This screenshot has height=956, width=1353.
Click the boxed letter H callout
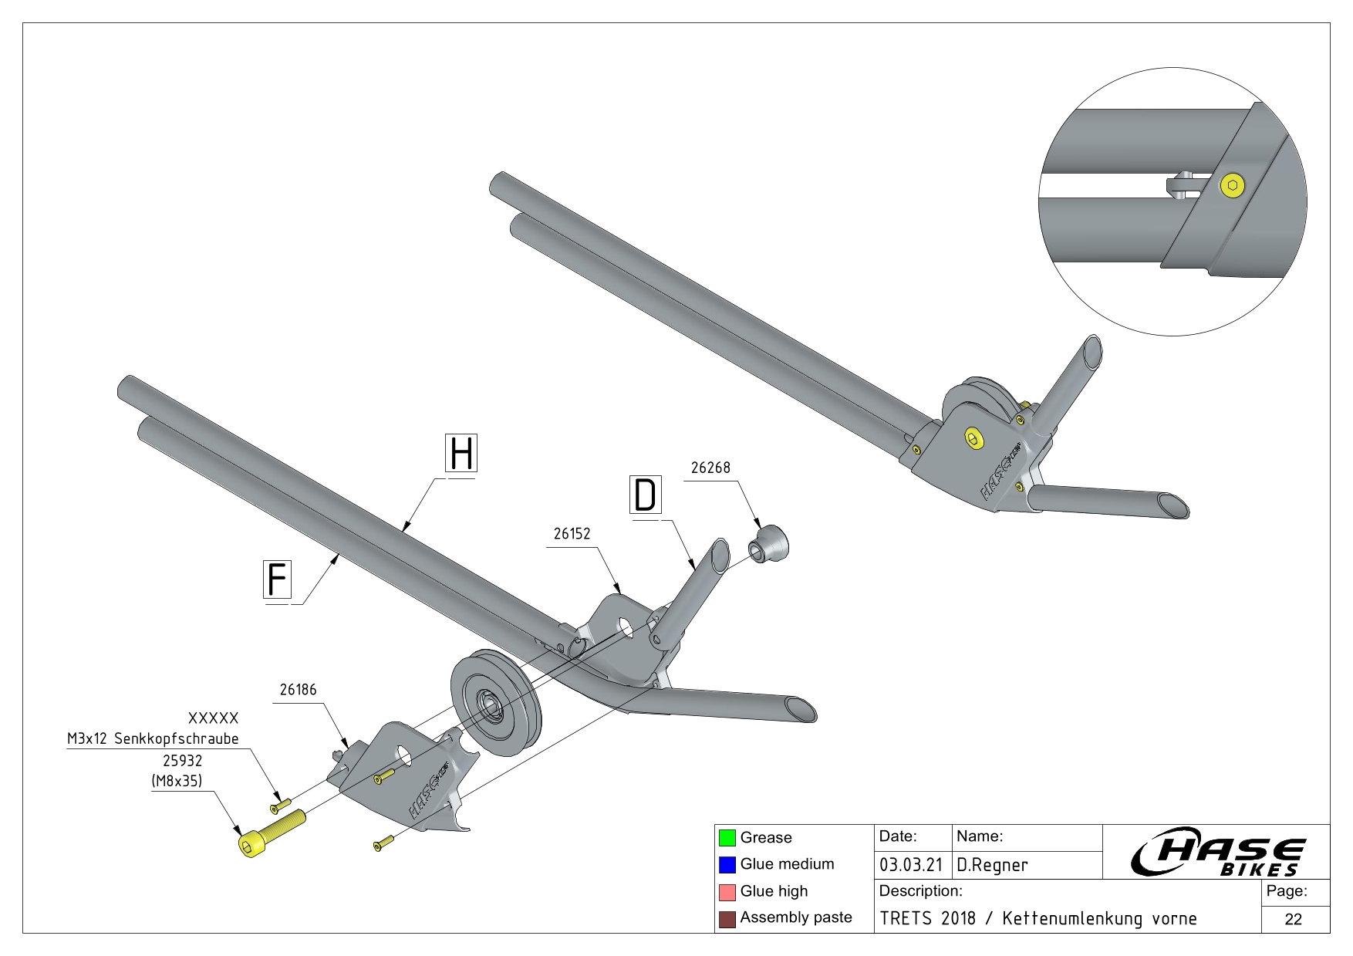pyautogui.click(x=461, y=453)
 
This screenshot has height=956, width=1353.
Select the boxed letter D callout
pyautogui.click(x=646, y=495)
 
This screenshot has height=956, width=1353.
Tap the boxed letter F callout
pyautogui.click(x=277, y=579)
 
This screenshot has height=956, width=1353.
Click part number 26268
pyautogui.click(x=710, y=468)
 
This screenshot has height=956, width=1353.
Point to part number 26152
pyautogui.click(x=572, y=534)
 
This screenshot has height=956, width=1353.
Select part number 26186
pyautogui.click(x=298, y=690)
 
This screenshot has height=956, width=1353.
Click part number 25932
pyautogui.click(x=182, y=761)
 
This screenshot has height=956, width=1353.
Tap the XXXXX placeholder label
pyautogui.click(x=213, y=718)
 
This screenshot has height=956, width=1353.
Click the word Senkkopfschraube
pyautogui.click(x=177, y=739)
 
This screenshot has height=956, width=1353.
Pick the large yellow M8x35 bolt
pyautogui.click(x=270, y=832)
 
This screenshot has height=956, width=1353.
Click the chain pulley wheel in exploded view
pyautogui.click(x=496, y=704)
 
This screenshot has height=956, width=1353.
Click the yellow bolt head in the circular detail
pyautogui.click(x=1232, y=185)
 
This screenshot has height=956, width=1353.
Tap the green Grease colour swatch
pyautogui.click(x=727, y=838)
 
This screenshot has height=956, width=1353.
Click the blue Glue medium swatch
pyautogui.click(x=727, y=864)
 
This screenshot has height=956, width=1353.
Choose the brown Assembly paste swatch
pyautogui.click(x=727, y=918)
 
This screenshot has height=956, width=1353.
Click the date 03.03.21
pyautogui.click(x=911, y=865)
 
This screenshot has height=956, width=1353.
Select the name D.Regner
pyautogui.click(x=992, y=865)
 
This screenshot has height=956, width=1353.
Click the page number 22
pyautogui.click(x=1294, y=919)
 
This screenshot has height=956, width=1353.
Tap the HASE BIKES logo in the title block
pyautogui.click(x=1218, y=852)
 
